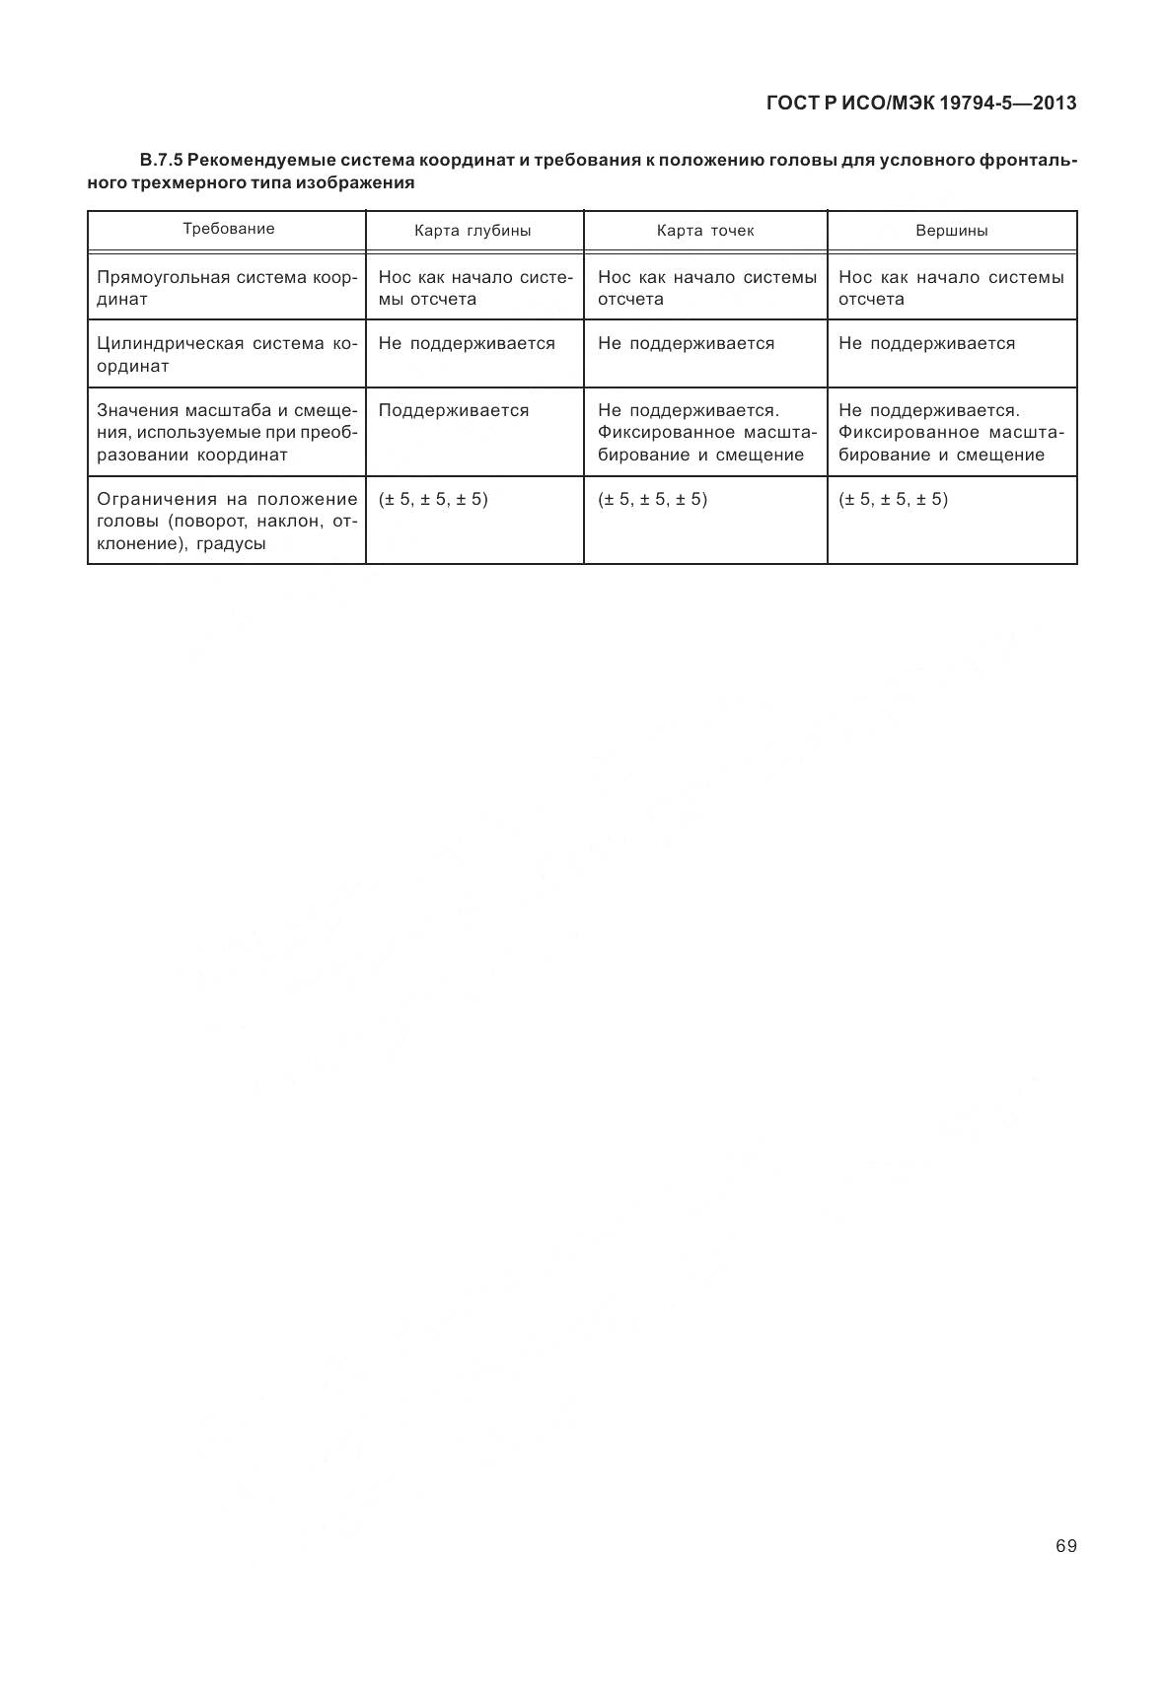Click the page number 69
click(x=1065, y=1545)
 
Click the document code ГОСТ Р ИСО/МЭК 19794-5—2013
click(x=920, y=103)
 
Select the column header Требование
click(x=229, y=229)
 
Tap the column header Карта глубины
click(x=473, y=231)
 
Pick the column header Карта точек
click(x=705, y=231)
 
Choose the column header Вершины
click(x=952, y=231)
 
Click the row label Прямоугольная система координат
click(x=226, y=288)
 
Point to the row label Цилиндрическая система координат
click(x=226, y=355)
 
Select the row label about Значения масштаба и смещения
click(x=226, y=432)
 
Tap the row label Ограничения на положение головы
click(x=226, y=521)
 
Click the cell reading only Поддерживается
click(x=454, y=410)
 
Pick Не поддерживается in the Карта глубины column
click(x=467, y=343)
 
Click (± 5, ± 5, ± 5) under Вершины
click(x=893, y=499)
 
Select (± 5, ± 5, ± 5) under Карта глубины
click(x=433, y=499)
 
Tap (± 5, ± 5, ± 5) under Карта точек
click(x=652, y=499)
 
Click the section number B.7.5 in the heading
click(x=162, y=160)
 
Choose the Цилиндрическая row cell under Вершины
click(x=926, y=343)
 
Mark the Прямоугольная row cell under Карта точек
click(x=706, y=288)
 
